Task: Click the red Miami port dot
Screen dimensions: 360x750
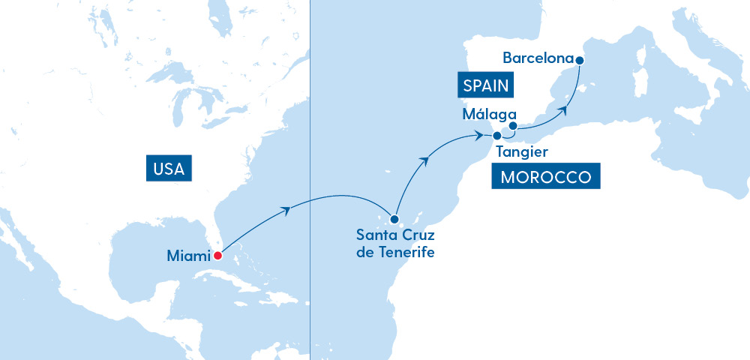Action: pyautogui.click(x=217, y=256)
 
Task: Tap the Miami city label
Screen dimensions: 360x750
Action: pyautogui.click(x=187, y=256)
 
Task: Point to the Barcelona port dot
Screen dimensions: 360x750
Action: pyautogui.click(x=579, y=59)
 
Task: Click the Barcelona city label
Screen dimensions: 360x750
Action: pyautogui.click(x=538, y=58)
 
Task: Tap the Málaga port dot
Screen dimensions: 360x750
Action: pyautogui.click(x=513, y=126)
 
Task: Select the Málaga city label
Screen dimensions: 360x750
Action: pyautogui.click(x=490, y=115)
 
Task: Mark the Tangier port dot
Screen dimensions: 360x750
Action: pyautogui.click(x=496, y=136)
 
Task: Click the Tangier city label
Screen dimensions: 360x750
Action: pyautogui.click(x=522, y=152)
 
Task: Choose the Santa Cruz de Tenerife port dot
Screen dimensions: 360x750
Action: pyautogui.click(x=394, y=220)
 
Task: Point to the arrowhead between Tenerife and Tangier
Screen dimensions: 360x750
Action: pyautogui.click(x=427, y=160)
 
